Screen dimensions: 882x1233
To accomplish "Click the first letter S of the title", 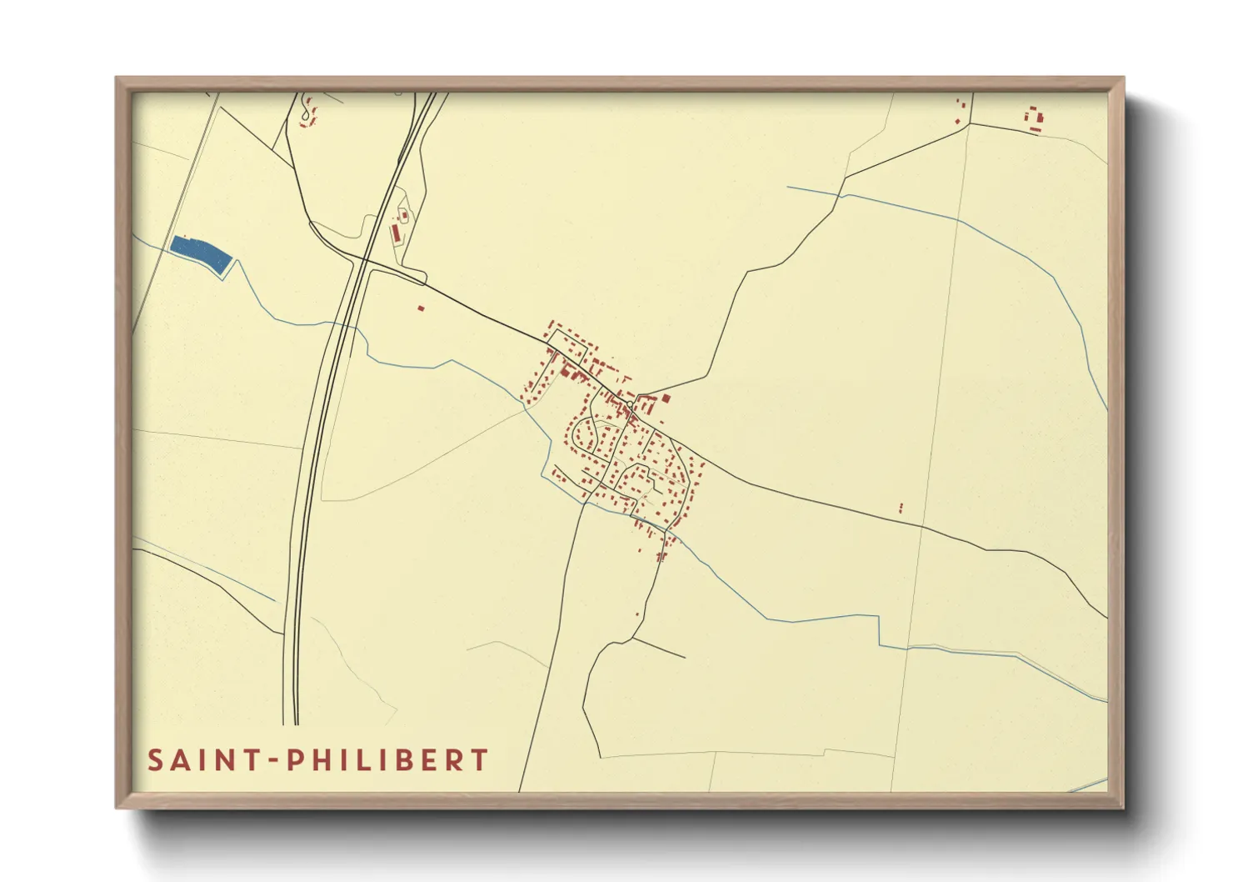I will click(155, 760).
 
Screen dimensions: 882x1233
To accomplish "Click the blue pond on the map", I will click(201, 253).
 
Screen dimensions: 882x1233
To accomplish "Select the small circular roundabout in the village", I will click(631, 404).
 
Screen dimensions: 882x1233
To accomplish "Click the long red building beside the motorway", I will click(395, 232).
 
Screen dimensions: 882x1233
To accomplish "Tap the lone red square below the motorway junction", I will click(421, 308).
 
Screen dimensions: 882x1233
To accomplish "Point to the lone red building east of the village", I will click(901, 507).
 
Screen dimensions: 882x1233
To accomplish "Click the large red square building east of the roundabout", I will click(666, 398).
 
